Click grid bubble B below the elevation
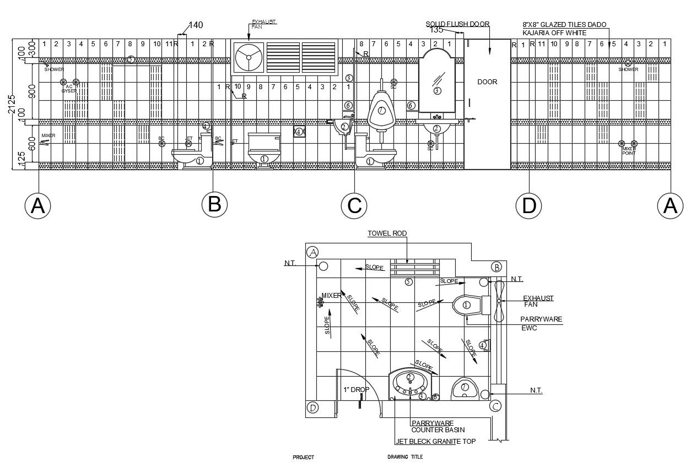pyautogui.click(x=214, y=204)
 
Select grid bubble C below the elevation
pyautogui.click(x=354, y=205)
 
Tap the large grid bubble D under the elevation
pyautogui.click(x=528, y=205)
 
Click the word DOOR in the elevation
pyautogui.click(x=487, y=82)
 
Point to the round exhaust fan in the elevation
pyautogui.click(x=248, y=57)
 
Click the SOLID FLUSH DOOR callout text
pyautogui.click(x=458, y=24)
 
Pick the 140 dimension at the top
pyautogui.click(x=196, y=25)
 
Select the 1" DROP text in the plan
pyautogui.click(x=356, y=389)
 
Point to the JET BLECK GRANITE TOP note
pyautogui.click(x=435, y=441)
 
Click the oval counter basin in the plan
pyautogui.click(x=411, y=379)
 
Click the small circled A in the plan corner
pyautogui.click(x=312, y=252)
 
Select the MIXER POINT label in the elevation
pyautogui.click(x=629, y=151)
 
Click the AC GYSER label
pyautogui.click(x=69, y=89)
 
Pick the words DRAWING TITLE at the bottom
pyautogui.click(x=405, y=457)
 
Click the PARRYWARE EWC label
pyautogui.click(x=541, y=323)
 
